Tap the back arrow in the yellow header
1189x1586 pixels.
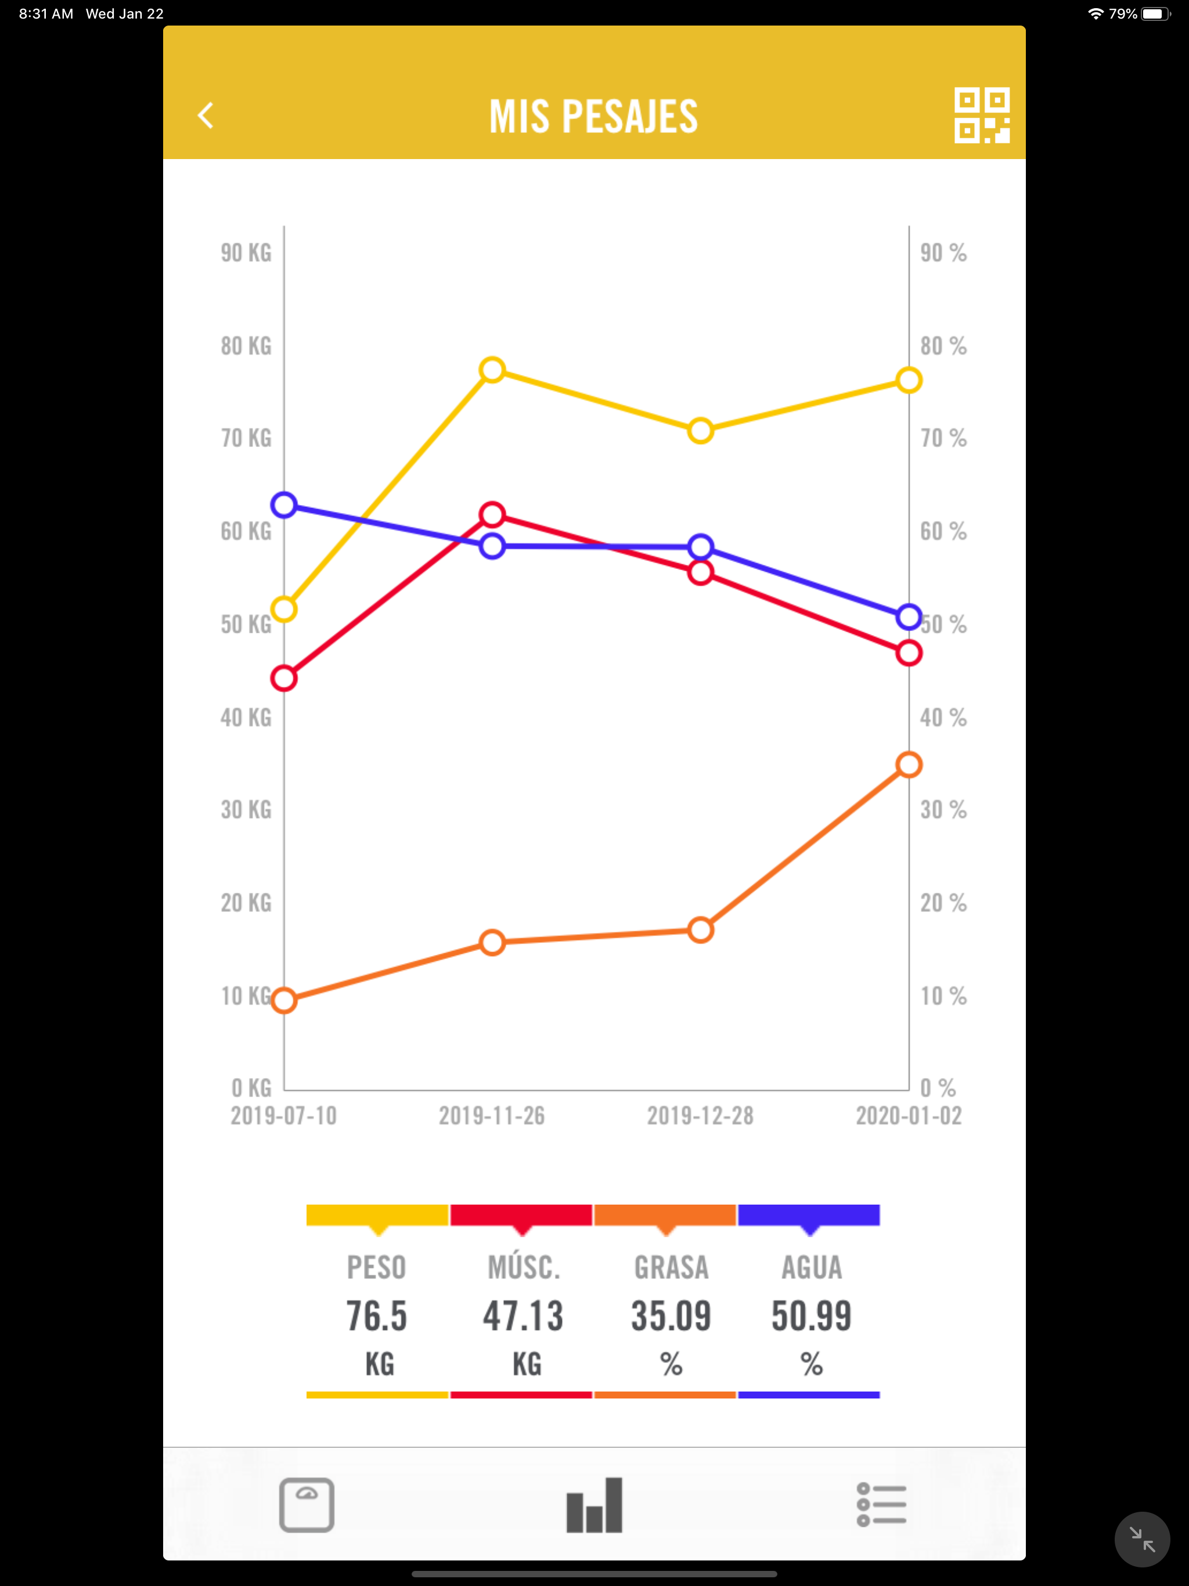tap(206, 116)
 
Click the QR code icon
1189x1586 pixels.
tap(981, 116)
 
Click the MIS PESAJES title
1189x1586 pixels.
tap(594, 116)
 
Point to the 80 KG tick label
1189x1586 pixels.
tap(246, 347)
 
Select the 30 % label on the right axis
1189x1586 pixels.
tap(943, 810)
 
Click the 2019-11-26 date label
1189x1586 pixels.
tap(492, 1116)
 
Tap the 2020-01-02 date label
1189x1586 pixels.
tap(909, 1116)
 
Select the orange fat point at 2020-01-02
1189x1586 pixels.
tap(909, 765)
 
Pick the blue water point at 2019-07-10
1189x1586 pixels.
tap(284, 504)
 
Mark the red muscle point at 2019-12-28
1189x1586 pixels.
tap(701, 572)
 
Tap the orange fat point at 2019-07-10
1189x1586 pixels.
tap(284, 1000)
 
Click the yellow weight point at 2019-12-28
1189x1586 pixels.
tap(701, 431)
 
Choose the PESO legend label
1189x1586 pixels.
tap(376, 1268)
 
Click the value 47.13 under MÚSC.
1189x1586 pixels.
tap(523, 1317)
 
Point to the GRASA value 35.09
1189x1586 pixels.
tap(671, 1317)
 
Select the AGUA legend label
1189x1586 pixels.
tap(812, 1268)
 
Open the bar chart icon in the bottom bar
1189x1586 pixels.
tap(594, 1504)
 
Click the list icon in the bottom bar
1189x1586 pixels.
tap(881, 1504)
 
